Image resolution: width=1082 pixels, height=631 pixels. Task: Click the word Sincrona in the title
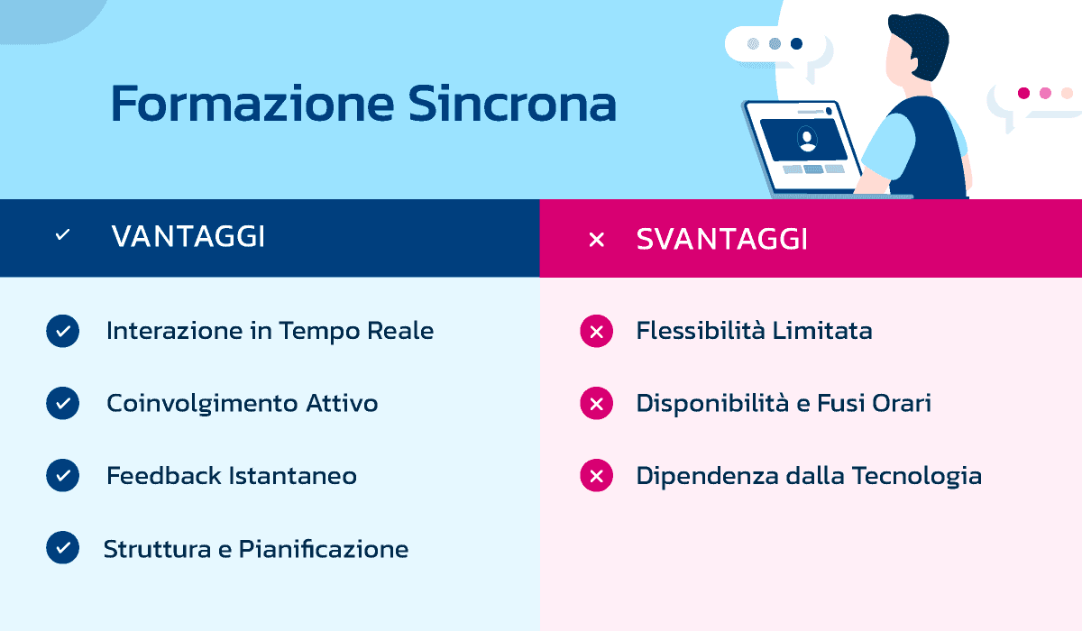point(511,105)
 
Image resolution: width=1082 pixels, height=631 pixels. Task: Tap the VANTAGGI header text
point(188,237)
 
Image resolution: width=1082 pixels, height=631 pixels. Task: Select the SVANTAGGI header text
point(721,239)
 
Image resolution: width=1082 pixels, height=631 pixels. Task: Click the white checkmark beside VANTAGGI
point(62,235)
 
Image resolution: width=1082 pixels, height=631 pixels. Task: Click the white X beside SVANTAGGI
point(596,240)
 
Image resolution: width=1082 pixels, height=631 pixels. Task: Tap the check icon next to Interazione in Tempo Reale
point(62,331)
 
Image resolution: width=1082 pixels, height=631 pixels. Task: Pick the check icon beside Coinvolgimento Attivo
point(62,403)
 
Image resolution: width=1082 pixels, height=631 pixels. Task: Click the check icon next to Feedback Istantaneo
point(62,475)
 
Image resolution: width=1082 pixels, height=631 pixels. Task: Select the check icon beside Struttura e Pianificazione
point(62,547)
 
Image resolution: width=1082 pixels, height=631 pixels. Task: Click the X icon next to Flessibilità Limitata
point(596,332)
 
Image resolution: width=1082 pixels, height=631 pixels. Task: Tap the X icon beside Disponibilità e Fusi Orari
point(596,404)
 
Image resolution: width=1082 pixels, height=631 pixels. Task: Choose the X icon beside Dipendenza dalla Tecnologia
point(596,475)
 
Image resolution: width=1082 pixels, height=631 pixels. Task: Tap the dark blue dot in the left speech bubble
point(796,43)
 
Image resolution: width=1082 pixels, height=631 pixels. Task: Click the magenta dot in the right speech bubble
point(1023,93)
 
